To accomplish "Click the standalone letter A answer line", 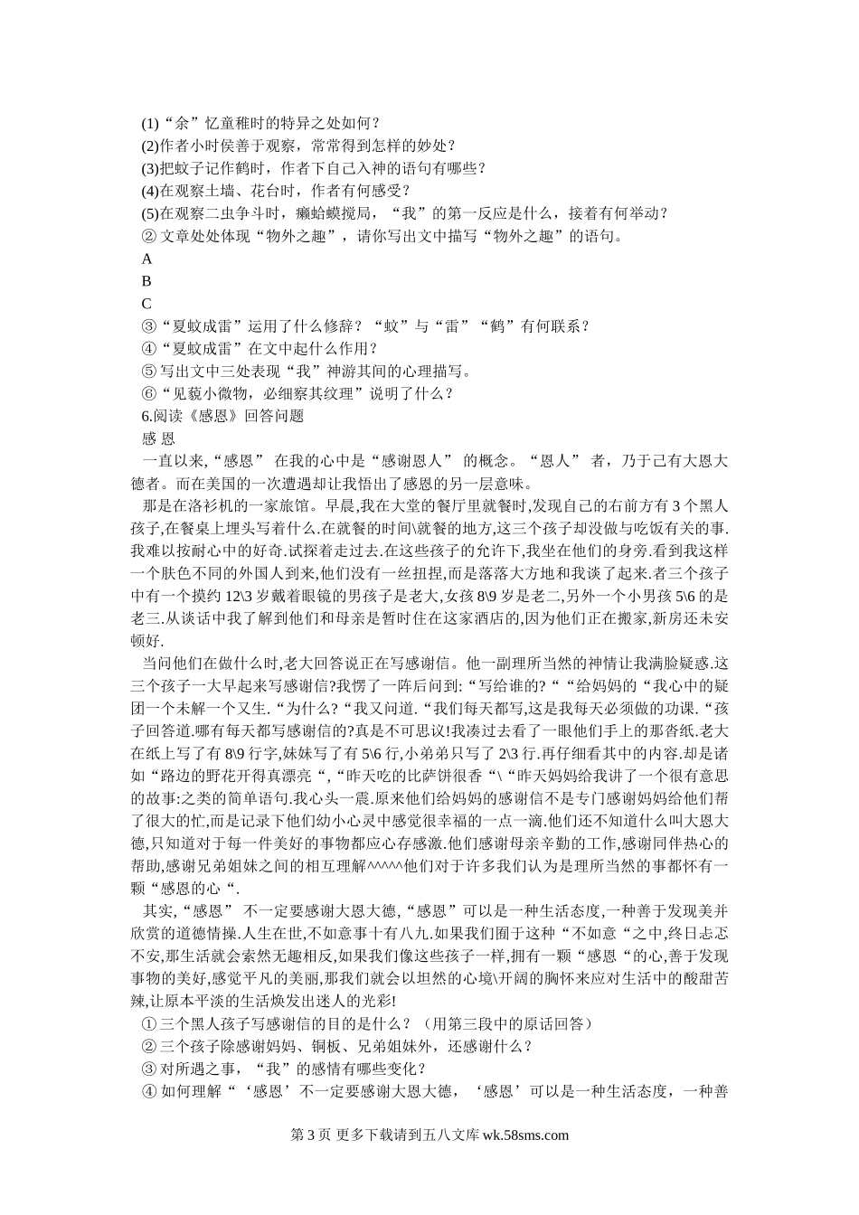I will pos(147,259).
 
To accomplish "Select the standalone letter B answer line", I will pos(147,281).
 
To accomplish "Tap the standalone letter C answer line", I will pos(147,304).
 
